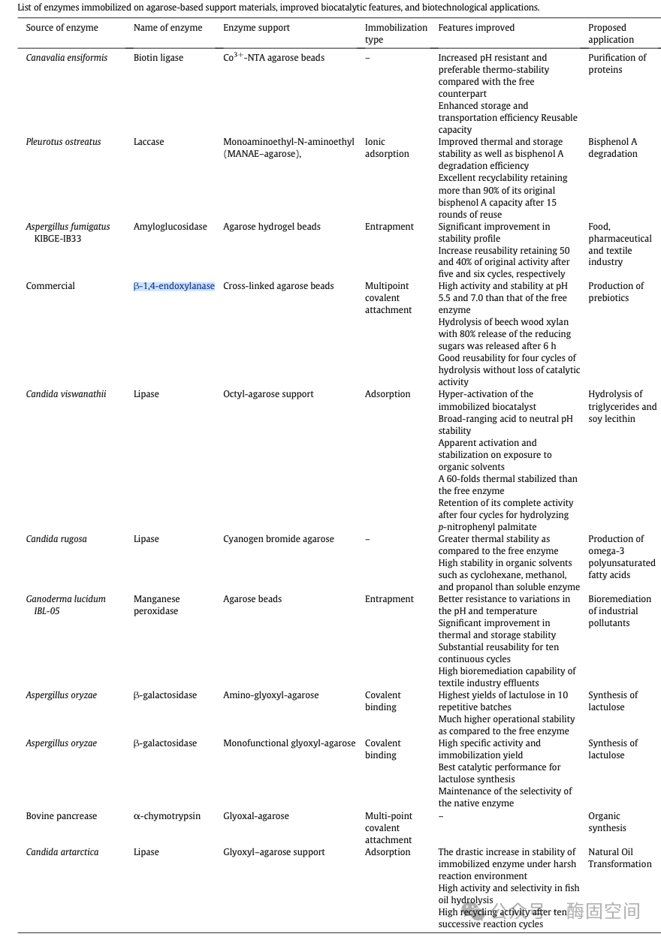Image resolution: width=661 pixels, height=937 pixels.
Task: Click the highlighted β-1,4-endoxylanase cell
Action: click(x=174, y=286)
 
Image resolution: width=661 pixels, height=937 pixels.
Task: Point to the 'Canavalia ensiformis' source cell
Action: click(x=66, y=58)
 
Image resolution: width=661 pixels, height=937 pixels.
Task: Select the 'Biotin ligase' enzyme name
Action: click(x=158, y=58)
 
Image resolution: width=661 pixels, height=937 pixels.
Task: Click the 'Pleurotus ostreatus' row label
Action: click(x=63, y=142)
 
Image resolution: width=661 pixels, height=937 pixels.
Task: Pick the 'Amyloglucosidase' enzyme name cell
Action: click(x=171, y=227)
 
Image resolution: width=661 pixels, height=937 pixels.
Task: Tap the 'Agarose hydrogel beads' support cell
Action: click(x=272, y=227)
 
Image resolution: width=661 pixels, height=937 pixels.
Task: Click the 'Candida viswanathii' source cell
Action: click(x=66, y=394)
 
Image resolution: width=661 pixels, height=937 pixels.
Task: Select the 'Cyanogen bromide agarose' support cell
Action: click(x=279, y=539)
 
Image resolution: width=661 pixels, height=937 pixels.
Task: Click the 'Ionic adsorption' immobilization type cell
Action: click(x=387, y=148)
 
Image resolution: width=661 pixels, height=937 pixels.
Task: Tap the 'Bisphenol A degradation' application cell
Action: click(x=613, y=148)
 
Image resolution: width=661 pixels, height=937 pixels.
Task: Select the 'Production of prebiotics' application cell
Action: click(x=616, y=292)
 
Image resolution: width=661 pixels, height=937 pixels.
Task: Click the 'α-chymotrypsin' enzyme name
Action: click(x=167, y=816)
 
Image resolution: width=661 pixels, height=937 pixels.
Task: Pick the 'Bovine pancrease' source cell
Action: click(x=62, y=816)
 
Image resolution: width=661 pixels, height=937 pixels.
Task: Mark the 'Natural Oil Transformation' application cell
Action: click(x=620, y=858)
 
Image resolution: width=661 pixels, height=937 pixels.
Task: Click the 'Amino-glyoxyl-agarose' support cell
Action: click(x=270, y=695)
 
